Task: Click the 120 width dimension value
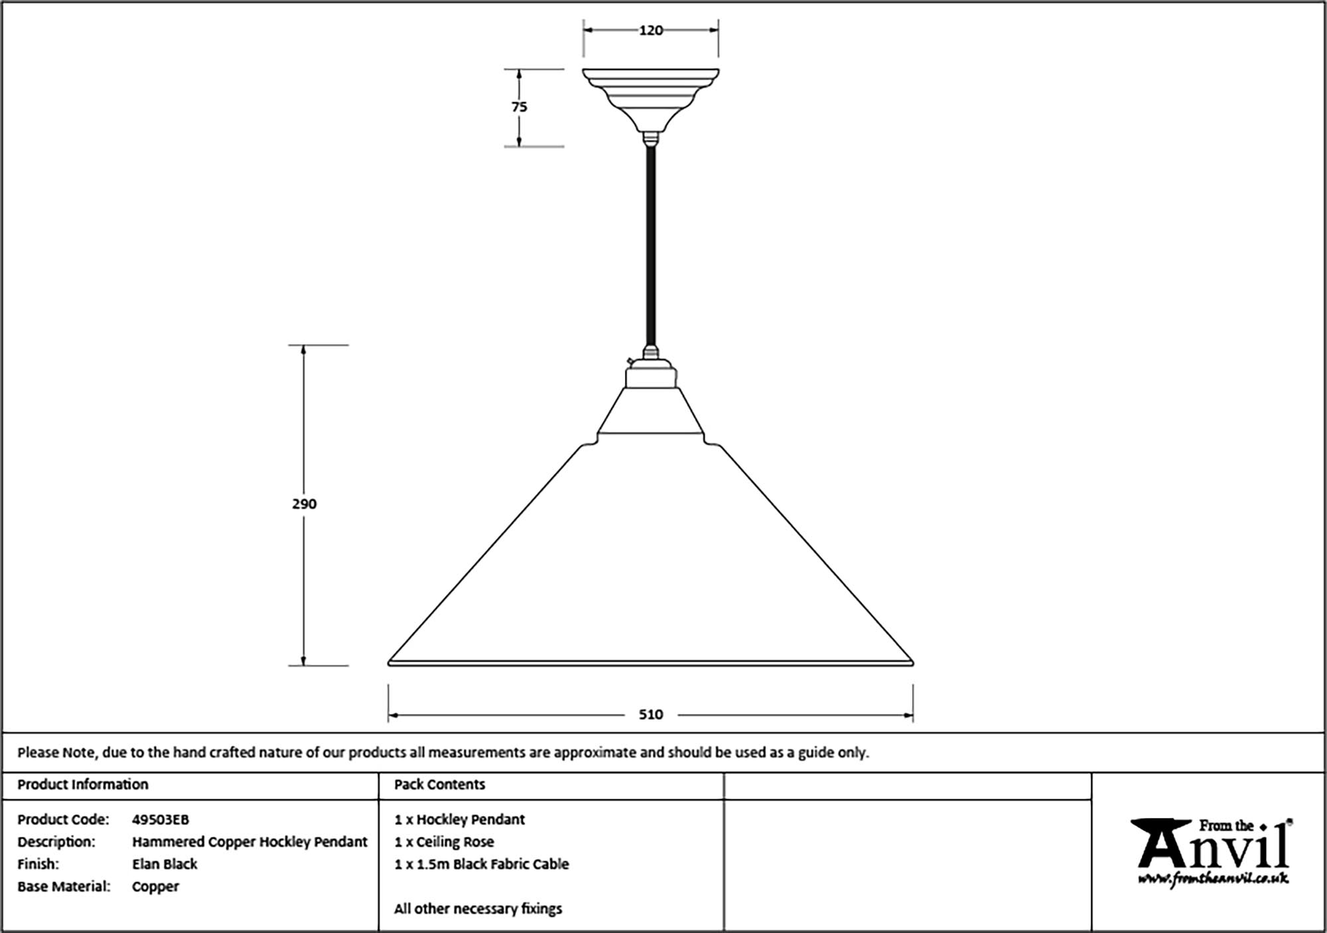tap(651, 31)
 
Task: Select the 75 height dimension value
tap(520, 107)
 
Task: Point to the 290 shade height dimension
tap(305, 504)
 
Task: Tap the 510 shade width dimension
tap(651, 715)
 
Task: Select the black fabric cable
tap(651, 246)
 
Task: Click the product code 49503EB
tap(161, 820)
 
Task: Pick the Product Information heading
tap(83, 785)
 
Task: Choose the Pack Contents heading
tap(440, 785)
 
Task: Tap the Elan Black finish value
tap(165, 865)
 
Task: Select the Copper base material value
tap(155, 887)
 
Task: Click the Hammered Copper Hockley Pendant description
tap(249, 842)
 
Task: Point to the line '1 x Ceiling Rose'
tap(444, 842)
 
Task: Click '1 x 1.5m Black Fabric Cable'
tap(482, 865)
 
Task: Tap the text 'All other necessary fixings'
tap(478, 909)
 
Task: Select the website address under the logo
tap(1214, 879)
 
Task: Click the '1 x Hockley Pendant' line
tap(459, 820)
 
